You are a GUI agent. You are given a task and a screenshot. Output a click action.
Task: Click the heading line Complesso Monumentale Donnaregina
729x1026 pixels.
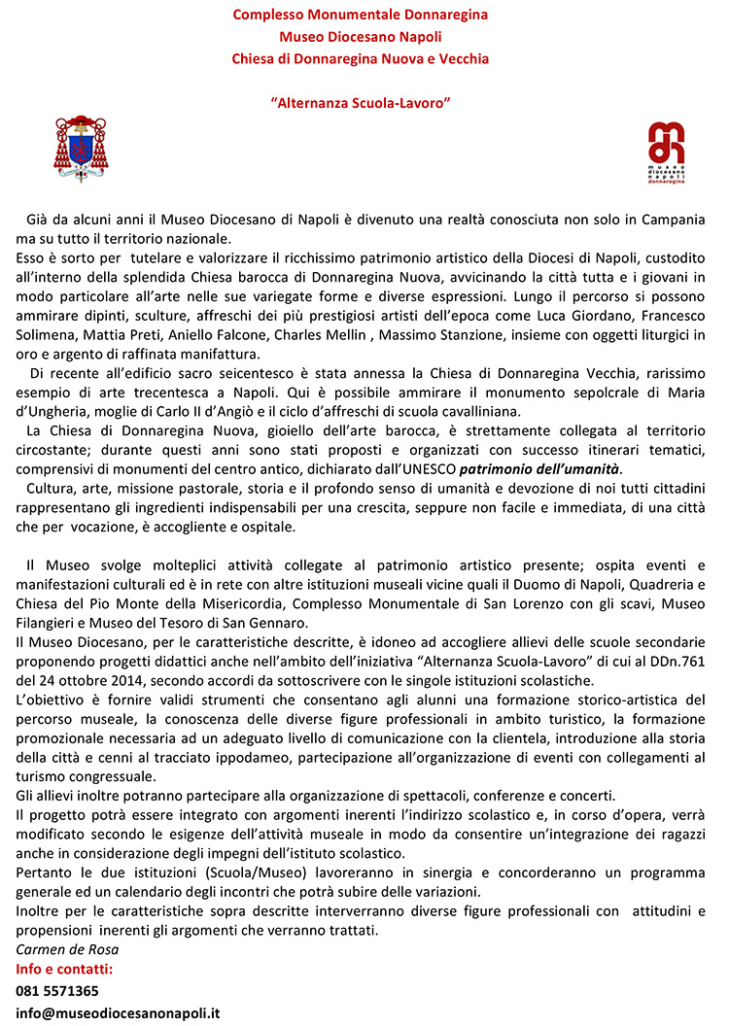(x=361, y=16)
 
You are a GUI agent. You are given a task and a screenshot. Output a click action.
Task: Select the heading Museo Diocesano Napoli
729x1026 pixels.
(x=361, y=37)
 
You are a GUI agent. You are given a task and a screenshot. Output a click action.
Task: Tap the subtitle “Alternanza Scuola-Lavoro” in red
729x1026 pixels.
(x=360, y=101)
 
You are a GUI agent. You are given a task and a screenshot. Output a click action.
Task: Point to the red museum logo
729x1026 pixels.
(x=666, y=153)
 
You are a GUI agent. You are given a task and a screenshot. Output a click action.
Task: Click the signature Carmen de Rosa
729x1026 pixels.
(x=60, y=950)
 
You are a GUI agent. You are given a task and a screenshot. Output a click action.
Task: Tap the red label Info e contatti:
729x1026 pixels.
(x=65, y=970)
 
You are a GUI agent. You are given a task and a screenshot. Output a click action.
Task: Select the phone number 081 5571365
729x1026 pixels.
(x=57, y=991)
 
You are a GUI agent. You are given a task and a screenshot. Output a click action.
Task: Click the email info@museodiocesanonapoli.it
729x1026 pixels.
(x=118, y=1012)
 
